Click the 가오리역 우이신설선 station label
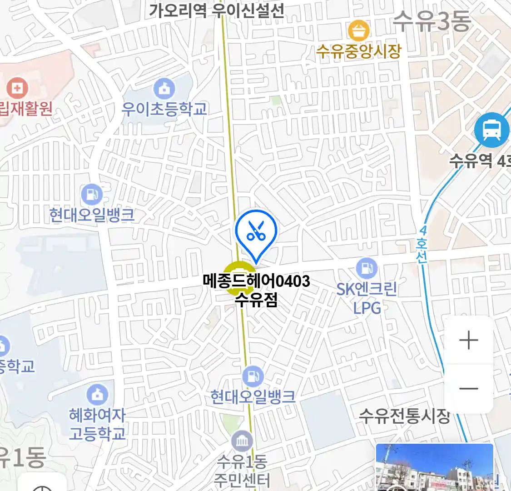pos(217,10)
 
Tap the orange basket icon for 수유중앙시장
pos(359,31)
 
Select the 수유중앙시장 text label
pos(359,51)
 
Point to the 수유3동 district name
pos(432,21)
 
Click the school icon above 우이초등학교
pos(164,89)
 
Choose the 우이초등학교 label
pos(164,109)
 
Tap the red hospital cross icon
pos(17,88)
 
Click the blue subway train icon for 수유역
pos(491,130)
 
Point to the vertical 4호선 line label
pos(422,245)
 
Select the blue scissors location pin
pos(256,232)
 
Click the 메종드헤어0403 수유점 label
pos(257,290)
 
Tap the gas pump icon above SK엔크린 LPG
pos(367,268)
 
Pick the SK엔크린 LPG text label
pos(367,298)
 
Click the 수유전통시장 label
pos(404,416)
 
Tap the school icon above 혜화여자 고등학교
pos(97,395)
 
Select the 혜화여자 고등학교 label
pos(97,424)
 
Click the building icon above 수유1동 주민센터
pos(242,441)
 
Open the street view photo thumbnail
pos(434,467)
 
